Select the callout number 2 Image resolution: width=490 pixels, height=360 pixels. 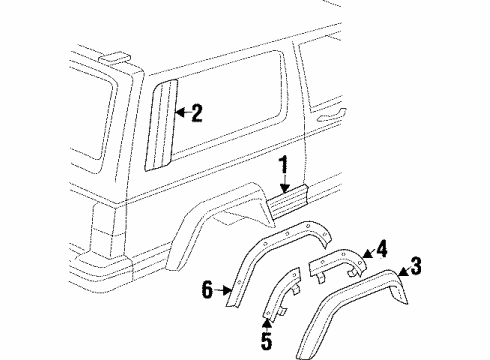pos(197,112)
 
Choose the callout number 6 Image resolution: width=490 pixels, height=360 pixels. pos(208,291)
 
